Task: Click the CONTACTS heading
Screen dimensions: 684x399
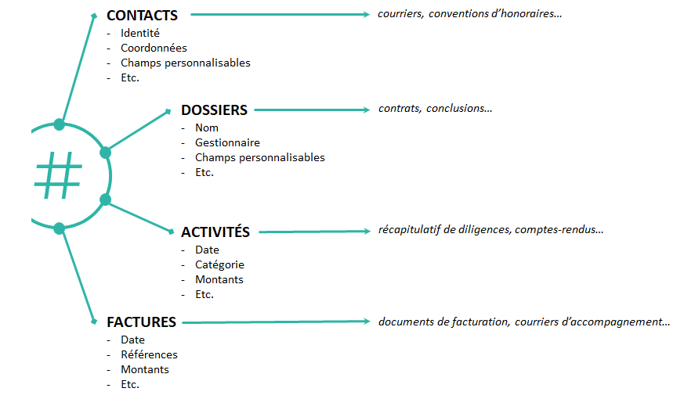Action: click(143, 15)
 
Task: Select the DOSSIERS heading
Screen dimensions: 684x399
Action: click(214, 110)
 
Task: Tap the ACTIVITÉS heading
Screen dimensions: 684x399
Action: click(215, 232)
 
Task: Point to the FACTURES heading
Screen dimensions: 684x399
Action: click(141, 322)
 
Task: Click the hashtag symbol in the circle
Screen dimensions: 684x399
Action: click(58, 175)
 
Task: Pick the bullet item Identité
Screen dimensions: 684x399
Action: click(140, 33)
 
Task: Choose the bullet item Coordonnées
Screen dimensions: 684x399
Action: click(154, 48)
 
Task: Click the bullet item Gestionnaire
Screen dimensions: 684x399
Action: click(227, 142)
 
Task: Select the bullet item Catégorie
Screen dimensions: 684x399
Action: click(219, 264)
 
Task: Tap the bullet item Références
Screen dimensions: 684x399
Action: click(149, 354)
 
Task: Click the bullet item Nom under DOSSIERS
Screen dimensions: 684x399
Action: click(207, 128)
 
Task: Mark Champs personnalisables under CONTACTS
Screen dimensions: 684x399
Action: click(186, 63)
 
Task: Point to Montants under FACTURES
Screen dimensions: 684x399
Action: click(145, 369)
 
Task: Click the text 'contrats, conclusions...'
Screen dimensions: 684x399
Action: click(436, 108)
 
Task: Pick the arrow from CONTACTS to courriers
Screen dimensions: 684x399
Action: click(280, 14)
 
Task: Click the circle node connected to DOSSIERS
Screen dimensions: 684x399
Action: click(105, 153)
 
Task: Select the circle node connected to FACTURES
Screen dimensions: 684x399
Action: click(60, 228)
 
